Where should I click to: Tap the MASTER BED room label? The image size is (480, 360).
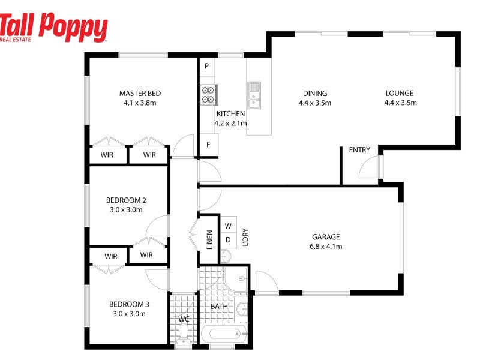coord(140,93)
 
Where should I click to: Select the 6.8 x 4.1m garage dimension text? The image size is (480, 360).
coord(326,246)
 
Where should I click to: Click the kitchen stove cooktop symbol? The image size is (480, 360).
coord(208,95)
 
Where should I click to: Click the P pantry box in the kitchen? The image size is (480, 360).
coord(206,66)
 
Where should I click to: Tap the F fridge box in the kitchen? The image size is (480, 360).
coord(208,145)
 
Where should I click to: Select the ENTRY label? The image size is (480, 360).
coord(359,150)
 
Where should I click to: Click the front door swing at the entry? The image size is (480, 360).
coord(370,168)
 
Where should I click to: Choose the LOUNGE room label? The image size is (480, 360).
coord(400,93)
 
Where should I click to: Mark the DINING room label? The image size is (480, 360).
coord(315,93)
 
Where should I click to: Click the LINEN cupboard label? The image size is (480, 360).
coord(209,239)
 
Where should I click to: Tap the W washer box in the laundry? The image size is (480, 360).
coord(228,226)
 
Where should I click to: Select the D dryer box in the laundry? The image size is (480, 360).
coord(228,240)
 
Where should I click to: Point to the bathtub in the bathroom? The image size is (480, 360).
coord(223,333)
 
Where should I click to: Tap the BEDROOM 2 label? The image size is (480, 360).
coord(126,200)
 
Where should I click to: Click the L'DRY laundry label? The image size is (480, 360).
coord(245,238)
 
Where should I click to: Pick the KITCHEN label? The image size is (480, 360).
coord(230,113)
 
